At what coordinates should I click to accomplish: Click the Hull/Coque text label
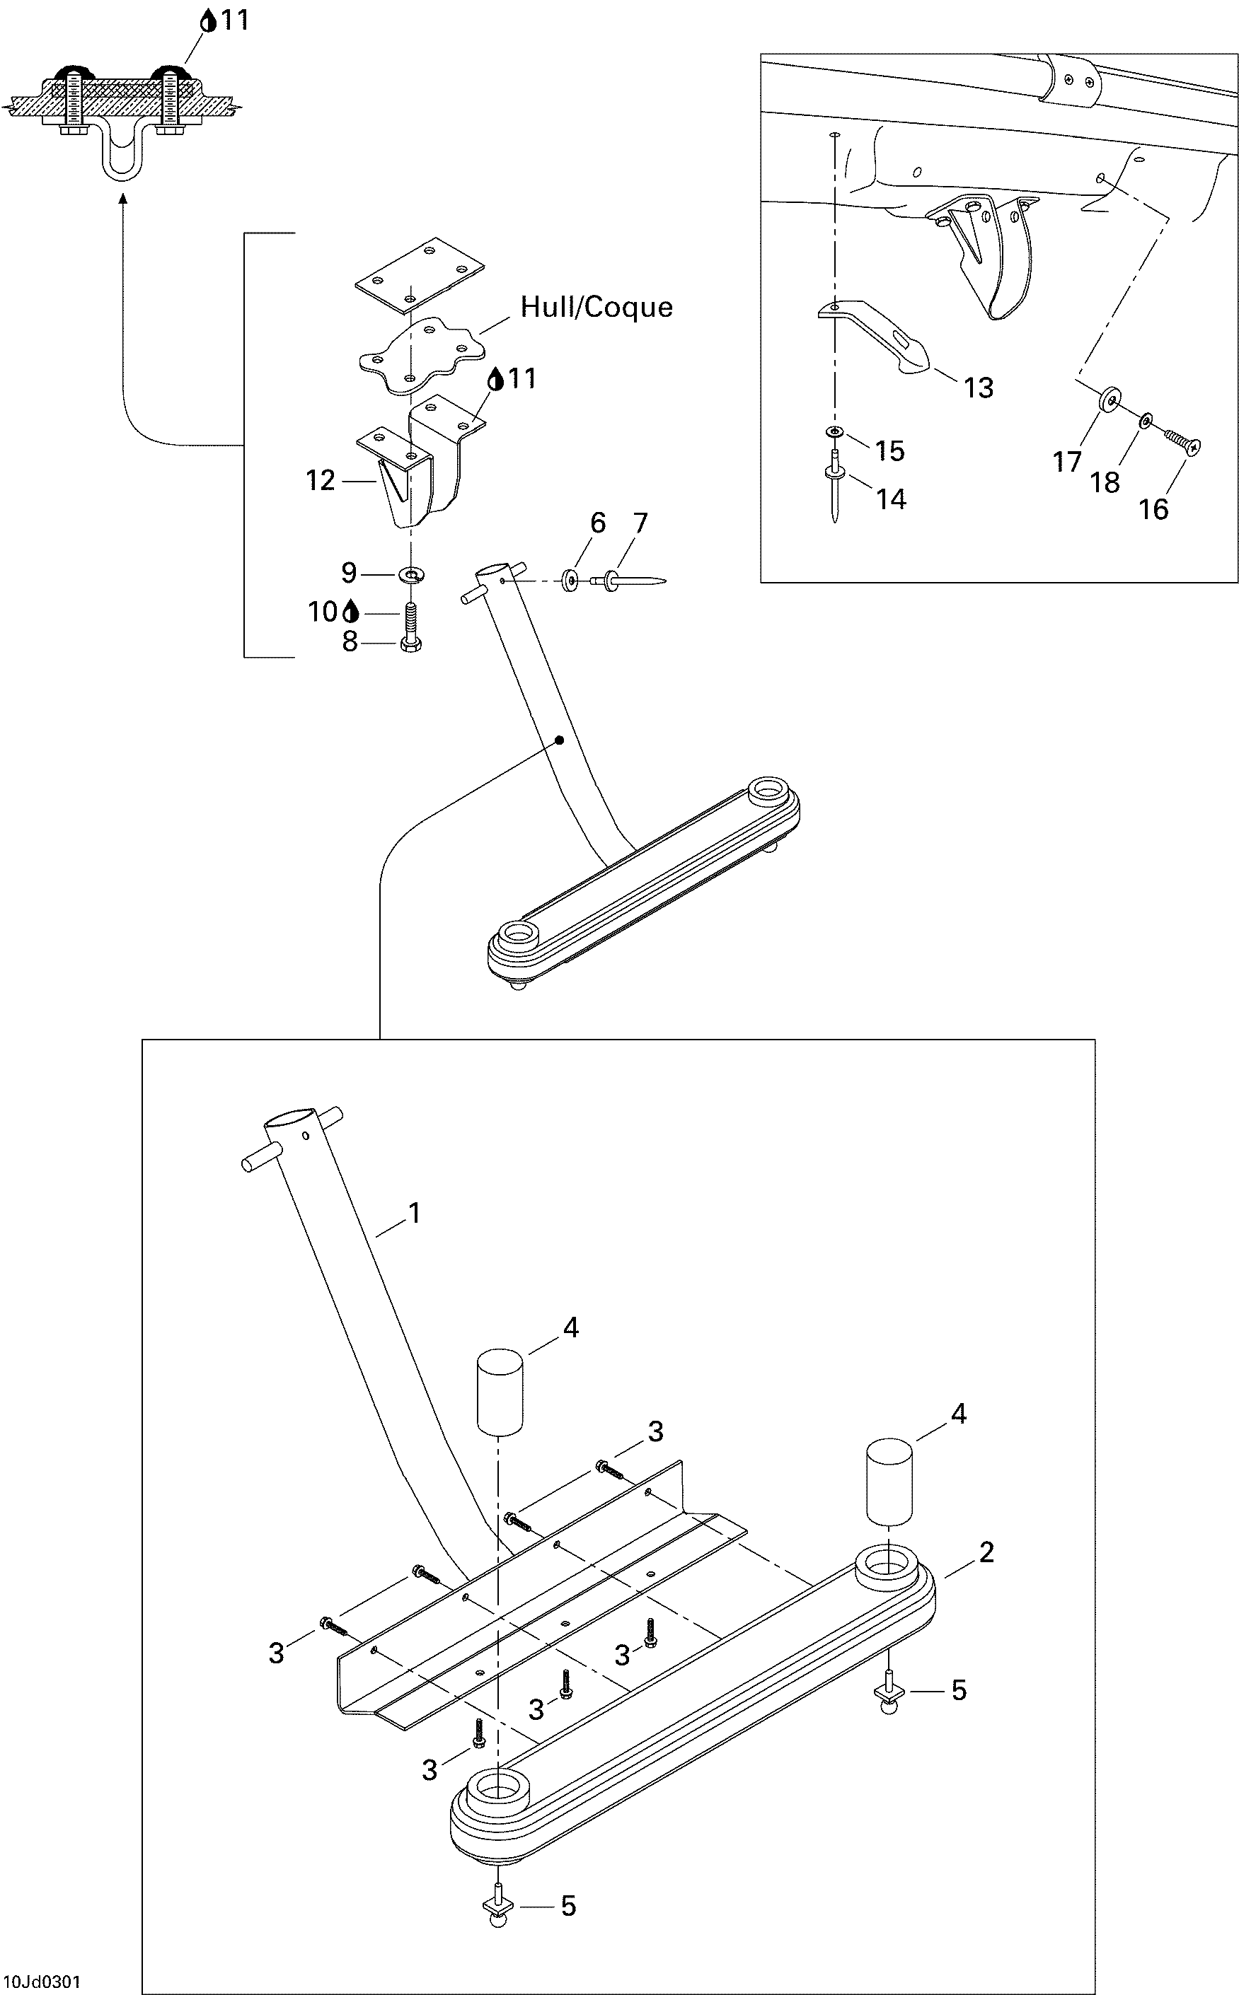pyautogui.click(x=597, y=307)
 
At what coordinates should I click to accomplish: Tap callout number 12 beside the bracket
pyautogui.click(x=321, y=481)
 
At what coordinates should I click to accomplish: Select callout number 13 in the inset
pyautogui.click(x=978, y=388)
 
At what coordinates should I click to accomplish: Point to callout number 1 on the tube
pyautogui.click(x=415, y=1213)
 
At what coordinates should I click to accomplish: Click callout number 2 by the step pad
pyautogui.click(x=986, y=1551)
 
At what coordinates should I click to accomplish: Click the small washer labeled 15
pyautogui.click(x=834, y=431)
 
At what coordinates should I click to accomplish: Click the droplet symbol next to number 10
pyautogui.click(x=352, y=611)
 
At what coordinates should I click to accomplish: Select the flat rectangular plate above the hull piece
pyautogui.click(x=419, y=277)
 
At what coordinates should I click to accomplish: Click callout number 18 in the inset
pyautogui.click(x=1104, y=482)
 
